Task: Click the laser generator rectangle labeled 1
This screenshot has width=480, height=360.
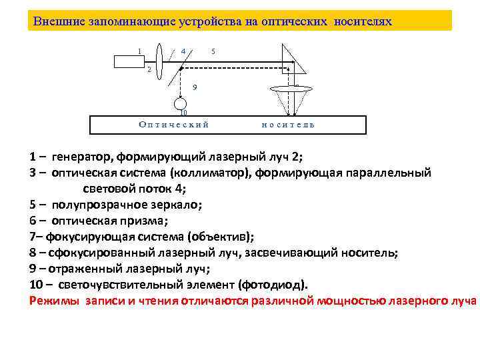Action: pos(130,62)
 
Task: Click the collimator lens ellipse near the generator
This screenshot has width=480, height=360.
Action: pos(161,61)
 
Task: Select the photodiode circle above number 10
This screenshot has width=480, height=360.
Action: pos(179,104)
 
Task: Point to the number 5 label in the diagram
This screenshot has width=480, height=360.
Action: pos(213,51)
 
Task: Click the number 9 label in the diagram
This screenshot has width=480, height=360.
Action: pos(194,87)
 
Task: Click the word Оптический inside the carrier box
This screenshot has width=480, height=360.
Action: pos(173,124)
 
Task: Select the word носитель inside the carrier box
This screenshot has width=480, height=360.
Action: pos(288,124)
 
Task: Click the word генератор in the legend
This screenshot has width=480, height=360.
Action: pos(81,157)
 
